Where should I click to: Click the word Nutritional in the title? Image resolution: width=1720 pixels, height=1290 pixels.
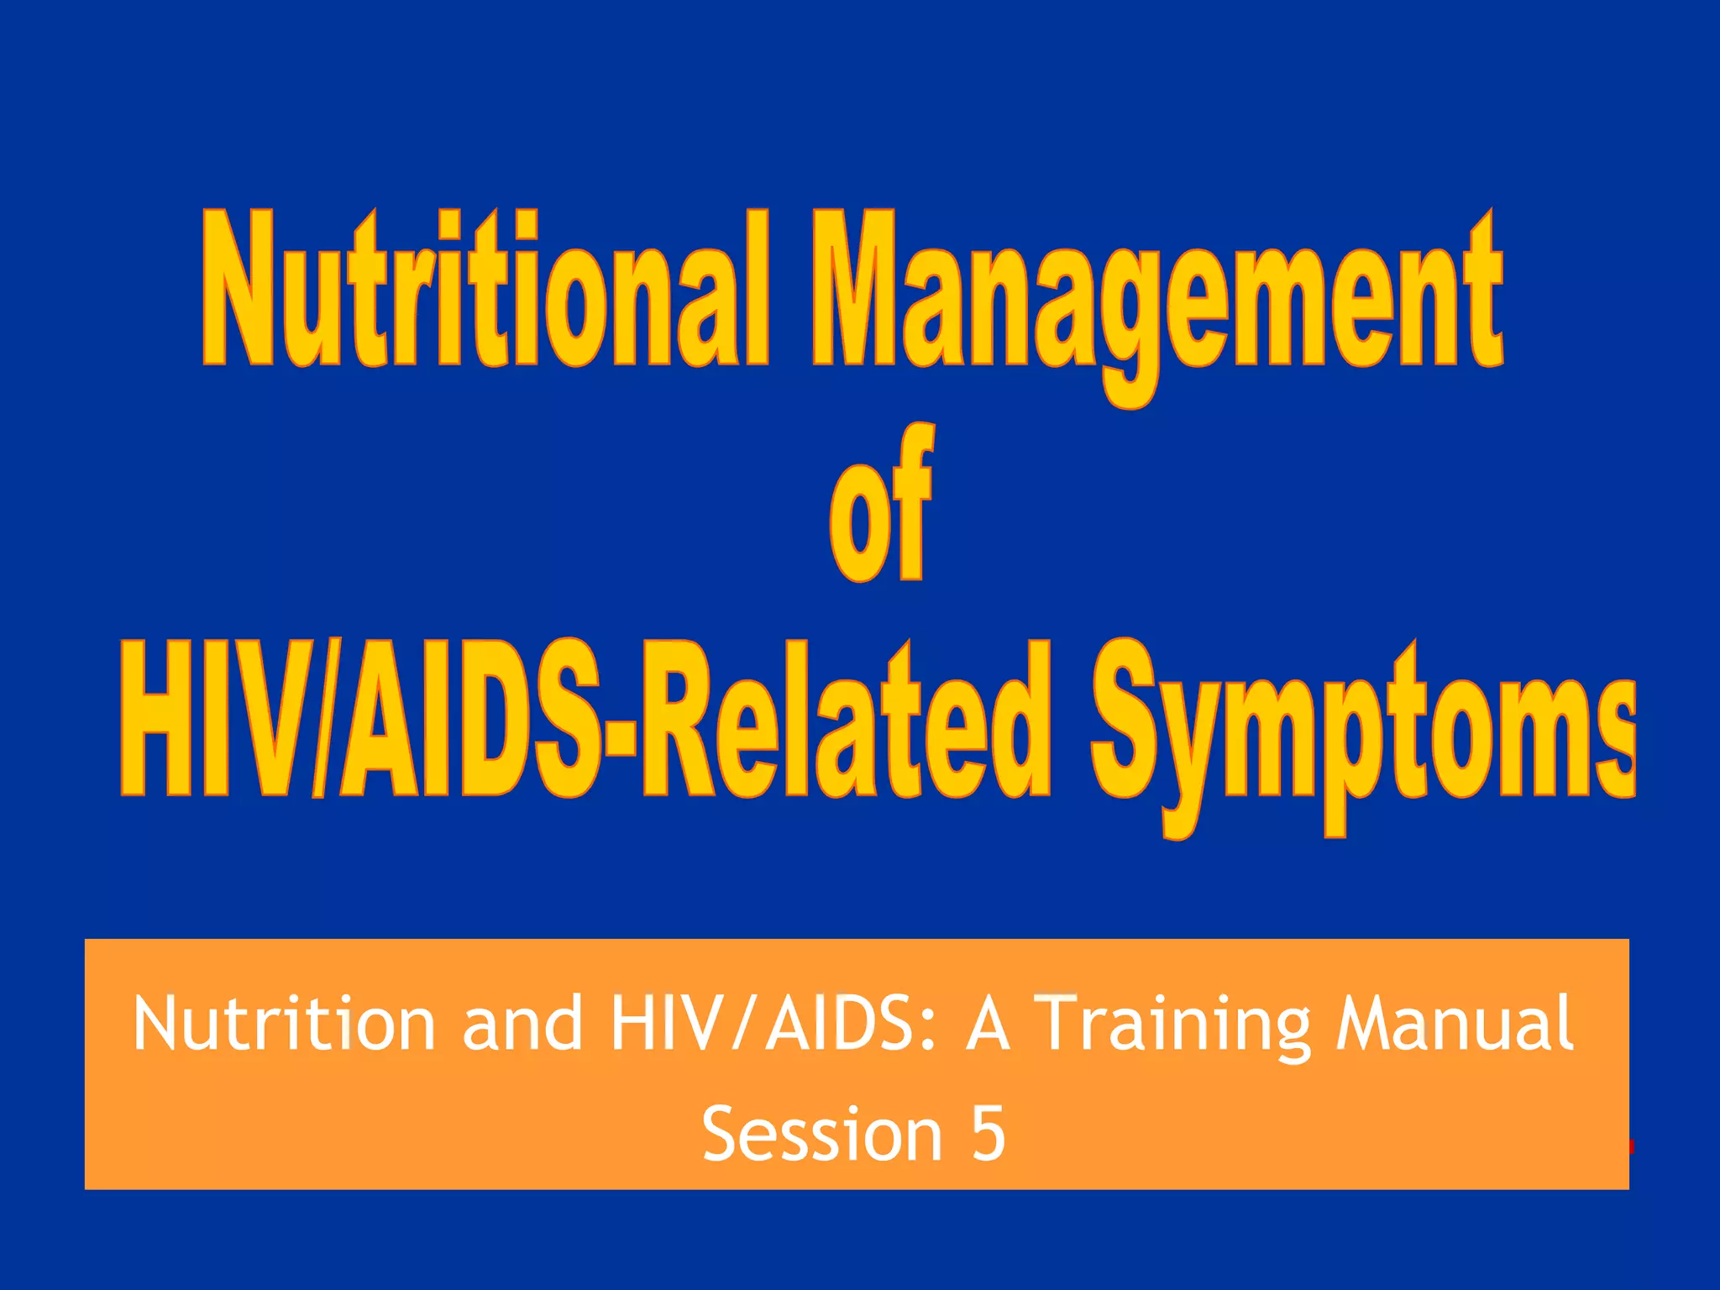point(484,290)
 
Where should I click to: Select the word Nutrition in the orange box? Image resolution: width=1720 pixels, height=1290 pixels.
point(284,1023)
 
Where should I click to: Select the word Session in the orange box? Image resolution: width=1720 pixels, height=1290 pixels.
point(821,1134)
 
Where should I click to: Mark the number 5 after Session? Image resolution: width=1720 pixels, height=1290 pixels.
point(988,1134)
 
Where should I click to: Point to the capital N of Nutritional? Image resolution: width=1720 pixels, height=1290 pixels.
point(238,290)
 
